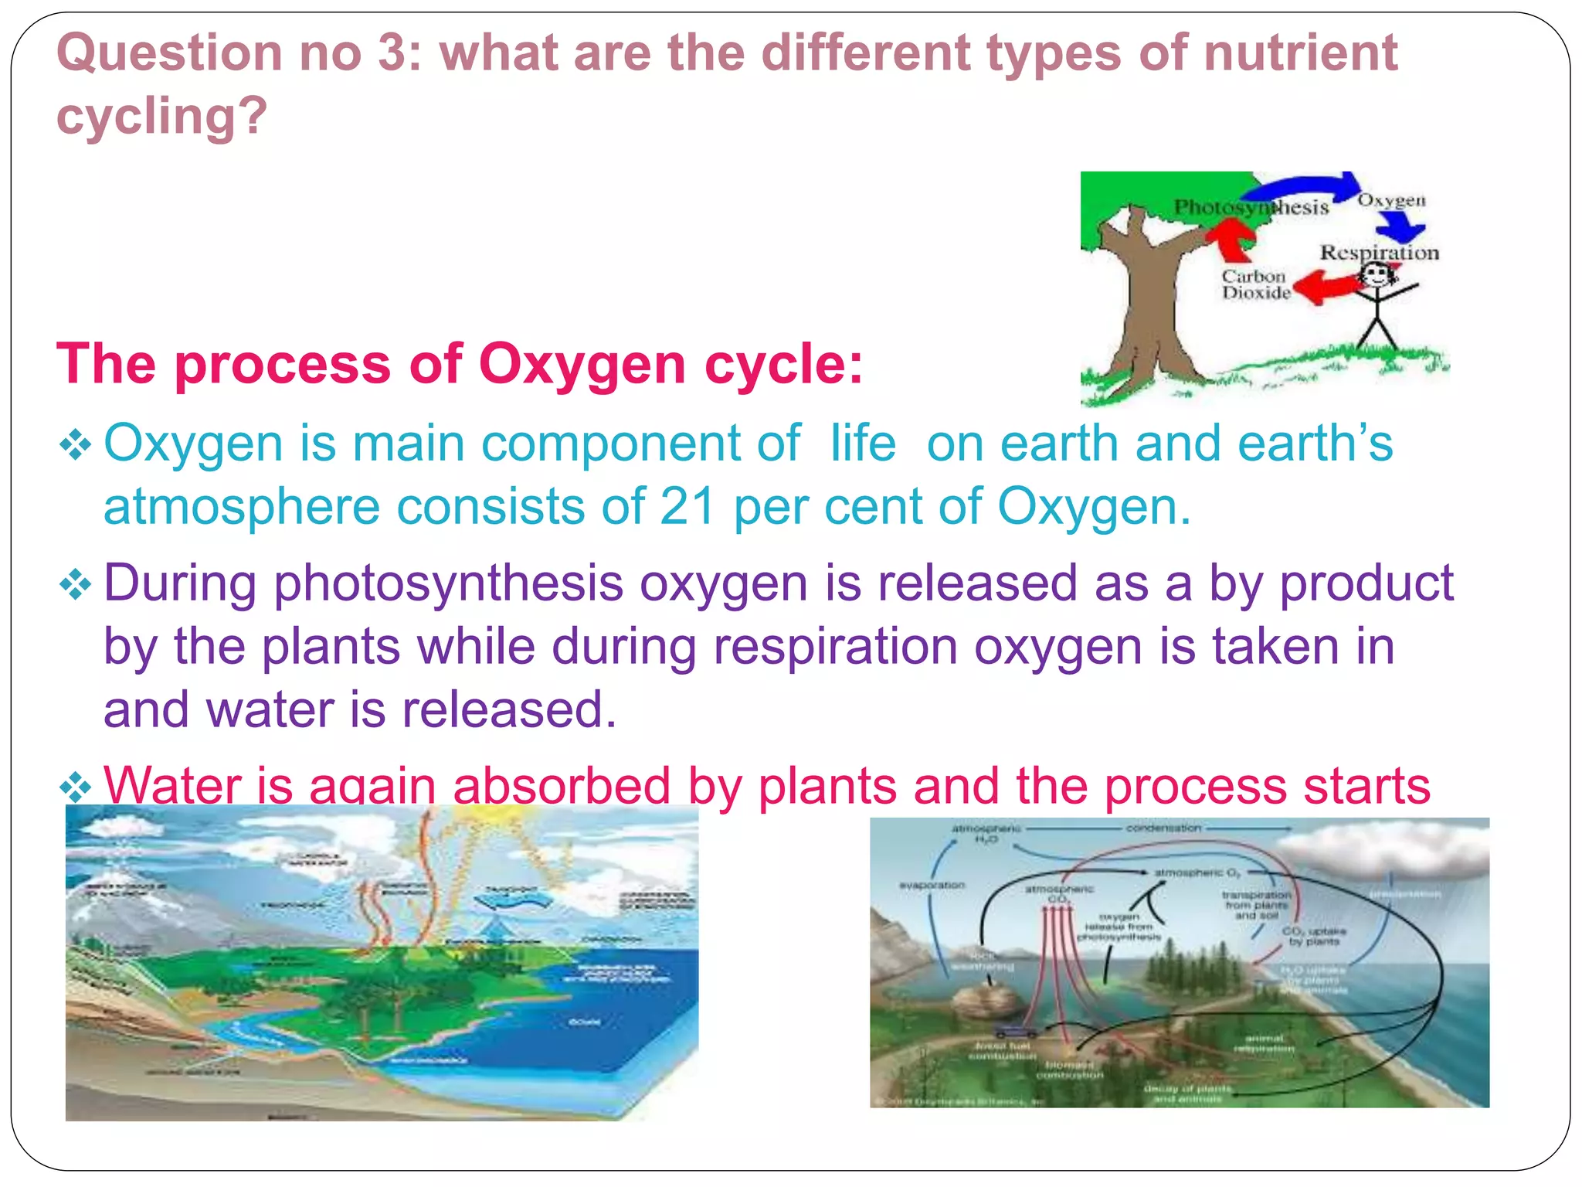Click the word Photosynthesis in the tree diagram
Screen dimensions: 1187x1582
pyautogui.click(x=1251, y=207)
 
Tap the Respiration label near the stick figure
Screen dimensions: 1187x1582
pyautogui.click(x=1379, y=253)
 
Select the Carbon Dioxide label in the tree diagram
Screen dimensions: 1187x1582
pyautogui.click(x=1255, y=284)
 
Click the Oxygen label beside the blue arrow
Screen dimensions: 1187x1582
pyautogui.click(x=1391, y=200)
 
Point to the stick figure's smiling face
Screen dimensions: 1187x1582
pyautogui.click(x=1376, y=274)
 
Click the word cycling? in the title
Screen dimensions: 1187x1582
pyautogui.click(x=161, y=116)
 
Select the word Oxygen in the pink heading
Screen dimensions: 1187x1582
pyautogui.click(x=582, y=364)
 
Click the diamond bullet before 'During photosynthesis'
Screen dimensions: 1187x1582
pyautogui.click(x=76, y=585)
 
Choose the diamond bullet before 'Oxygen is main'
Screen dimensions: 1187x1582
pyautogui.click(x=76, y=446)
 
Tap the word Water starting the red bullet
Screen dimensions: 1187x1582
pyautogui.click(x=172, y=785)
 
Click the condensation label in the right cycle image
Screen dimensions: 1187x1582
pyautogui.click(x=1163, y=828)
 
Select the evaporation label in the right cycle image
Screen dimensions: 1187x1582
pyautogui.click(x=932, y=885)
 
